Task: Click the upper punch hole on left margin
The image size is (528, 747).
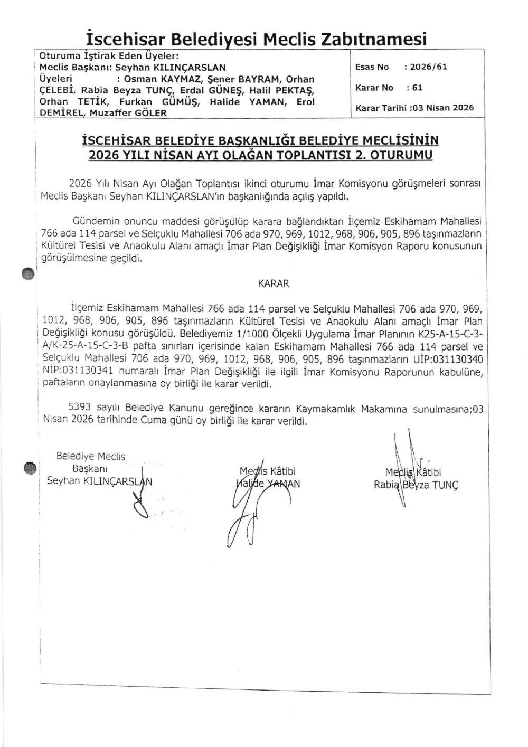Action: (29, 273)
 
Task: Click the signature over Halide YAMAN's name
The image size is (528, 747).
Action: (248, 502)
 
